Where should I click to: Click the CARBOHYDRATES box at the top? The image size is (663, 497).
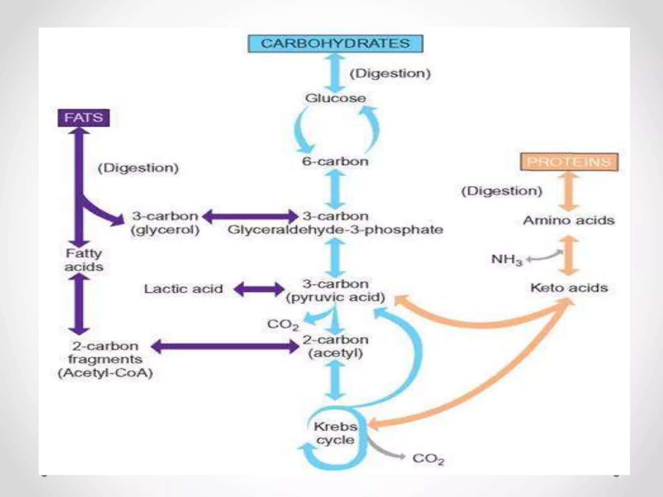pos(335,44)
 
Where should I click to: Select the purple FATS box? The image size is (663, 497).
pos(84,118)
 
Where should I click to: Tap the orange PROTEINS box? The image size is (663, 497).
pos(569,162)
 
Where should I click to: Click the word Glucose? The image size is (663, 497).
pos(335,98)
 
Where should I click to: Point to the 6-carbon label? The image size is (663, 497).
pos(335,161)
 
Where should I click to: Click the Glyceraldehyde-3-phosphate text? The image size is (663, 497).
pos(335,230)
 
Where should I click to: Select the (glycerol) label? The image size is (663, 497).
pos(165,230)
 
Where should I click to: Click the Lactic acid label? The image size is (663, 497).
pos(184,289)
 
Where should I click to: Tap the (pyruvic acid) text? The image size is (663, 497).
pos(335,297)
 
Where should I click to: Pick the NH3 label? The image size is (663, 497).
pos(507,260)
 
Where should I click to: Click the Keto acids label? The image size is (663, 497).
pos(569,288)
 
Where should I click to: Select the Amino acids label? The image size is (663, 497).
pos(569,220)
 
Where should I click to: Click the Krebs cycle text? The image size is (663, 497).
pos(335,433)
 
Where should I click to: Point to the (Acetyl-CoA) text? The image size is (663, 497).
pos(105,373)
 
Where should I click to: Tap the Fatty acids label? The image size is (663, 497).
pos(84,260)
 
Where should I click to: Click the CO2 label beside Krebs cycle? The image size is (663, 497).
pos(428,458)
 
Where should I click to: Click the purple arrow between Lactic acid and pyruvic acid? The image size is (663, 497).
pos(259,289)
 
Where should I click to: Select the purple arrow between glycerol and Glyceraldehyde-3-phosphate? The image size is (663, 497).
pos(251,216)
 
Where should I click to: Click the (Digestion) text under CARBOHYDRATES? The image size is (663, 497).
pos(390,73)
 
